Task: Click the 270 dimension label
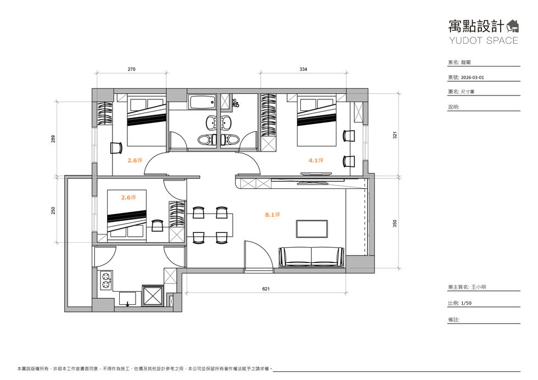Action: [x=131, y=69]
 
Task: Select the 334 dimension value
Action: [x=303, y=69]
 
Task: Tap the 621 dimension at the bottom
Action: [x=266, y=289]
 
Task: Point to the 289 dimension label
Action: [x=53, y=139]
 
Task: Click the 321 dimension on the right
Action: [x=395, y=135]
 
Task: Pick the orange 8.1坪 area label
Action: [x=272, y=215]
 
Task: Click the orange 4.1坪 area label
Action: [x=316, y=160]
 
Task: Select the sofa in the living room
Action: [x=312, y=256]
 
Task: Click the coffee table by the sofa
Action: [x=312, y=229]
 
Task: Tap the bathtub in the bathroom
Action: [x=203, y=102]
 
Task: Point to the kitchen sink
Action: [x=127, y=299]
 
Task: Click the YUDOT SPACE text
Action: [x=484, y=41]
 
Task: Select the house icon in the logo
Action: [x=513, y=26]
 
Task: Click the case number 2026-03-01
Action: [x=472, y=77]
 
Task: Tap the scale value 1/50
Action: [x=466, y=303]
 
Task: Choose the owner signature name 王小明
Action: [x=478, y=287]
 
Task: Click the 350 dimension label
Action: [x=395, y=223]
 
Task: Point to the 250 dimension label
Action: [x=53, y=210]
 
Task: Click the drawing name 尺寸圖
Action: [x=468, y=92]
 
